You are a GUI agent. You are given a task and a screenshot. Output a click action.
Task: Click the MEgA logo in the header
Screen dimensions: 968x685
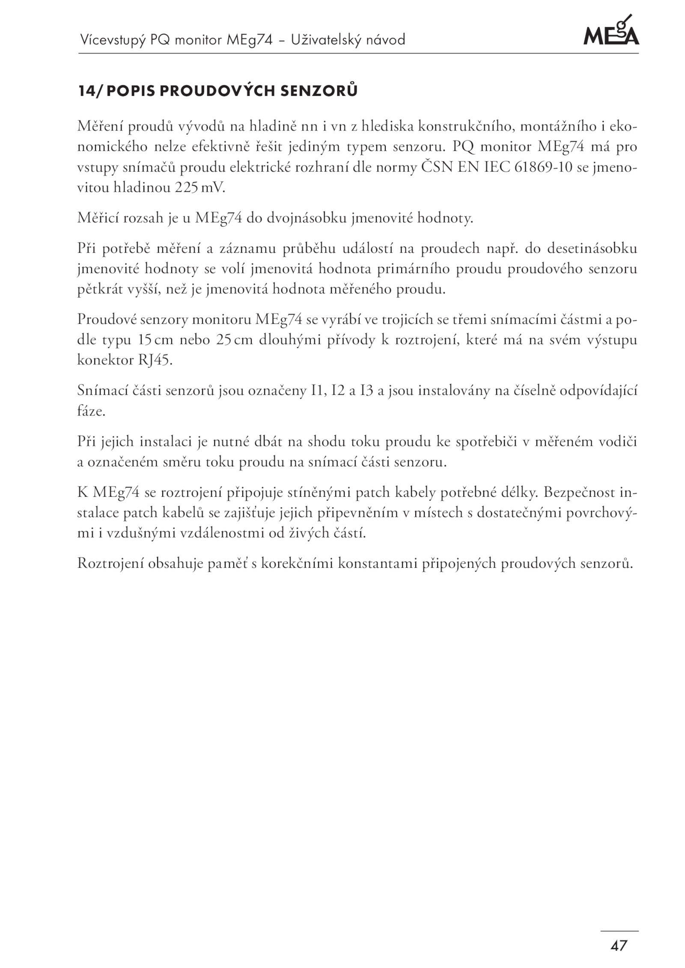tap(611, 32)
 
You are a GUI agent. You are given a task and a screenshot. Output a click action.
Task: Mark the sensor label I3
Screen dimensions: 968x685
tap(367, 391)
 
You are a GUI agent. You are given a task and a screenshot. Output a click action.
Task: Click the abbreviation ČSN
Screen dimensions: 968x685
tap(437, 167)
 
